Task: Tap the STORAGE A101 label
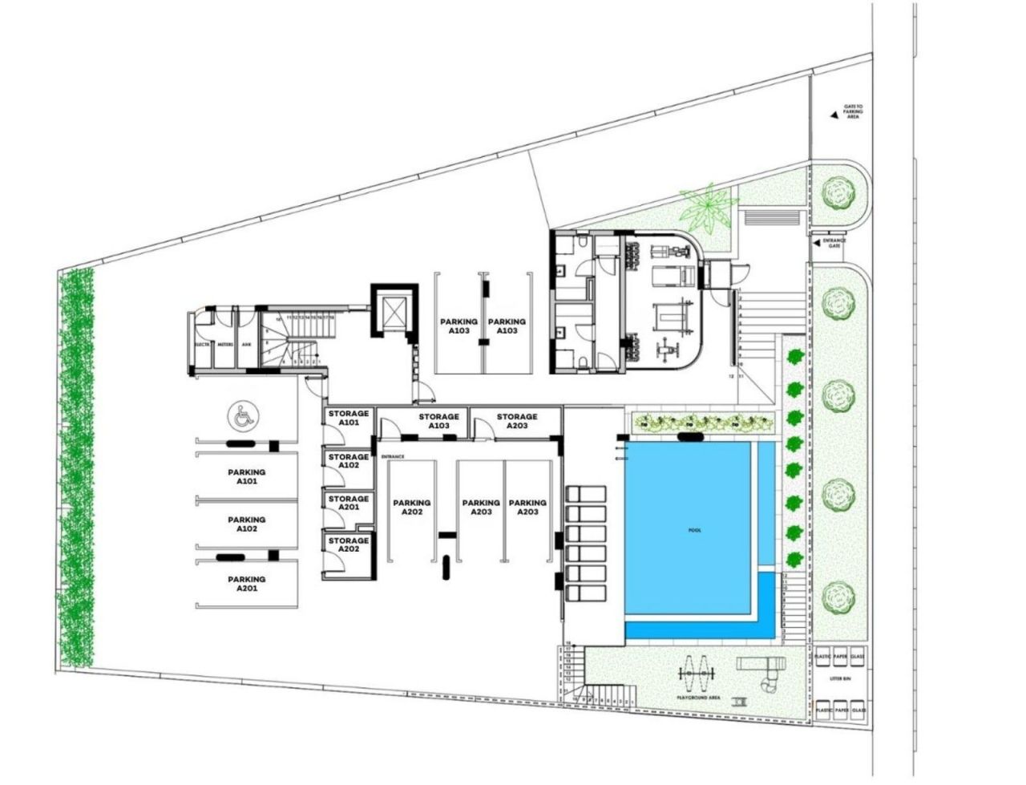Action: [x=348, y=418]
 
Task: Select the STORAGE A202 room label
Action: [x=348, y=544]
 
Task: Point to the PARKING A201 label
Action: [x=246, y=583]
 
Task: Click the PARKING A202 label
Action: [x=412, y=507]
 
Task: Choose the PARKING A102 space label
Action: [x=246, y=524]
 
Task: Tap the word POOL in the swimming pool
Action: [x=694, y=530]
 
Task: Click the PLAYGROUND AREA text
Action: [x=698, y=698]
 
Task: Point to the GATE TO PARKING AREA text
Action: [x=852, y=111]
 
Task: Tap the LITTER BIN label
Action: [x=839, y=678]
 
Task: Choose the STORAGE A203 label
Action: [x=516, y=421]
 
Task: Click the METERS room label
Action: [x=224, y=345]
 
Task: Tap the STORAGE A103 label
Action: [x=438, y=421]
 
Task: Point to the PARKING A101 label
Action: [x=246, y=477]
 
